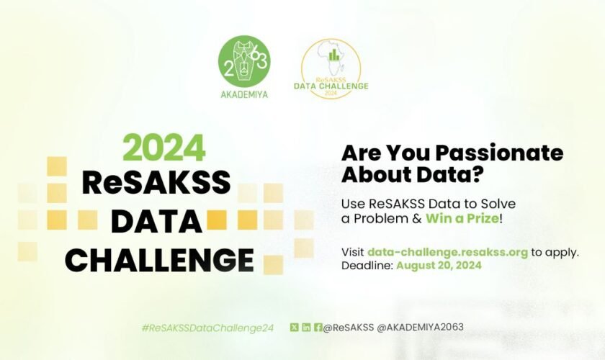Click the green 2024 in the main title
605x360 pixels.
click(163, 148)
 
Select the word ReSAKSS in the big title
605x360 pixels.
click(156, 183)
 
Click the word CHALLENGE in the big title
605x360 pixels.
click(159, 259)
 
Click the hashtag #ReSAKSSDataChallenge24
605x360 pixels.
click(208, 328)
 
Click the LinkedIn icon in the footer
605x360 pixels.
click(306, 327)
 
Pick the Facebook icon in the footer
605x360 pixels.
click(318, 327)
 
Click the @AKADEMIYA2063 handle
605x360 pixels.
click(421, 327)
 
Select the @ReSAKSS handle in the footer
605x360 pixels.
click(349, 327)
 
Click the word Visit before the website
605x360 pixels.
click(353, 252)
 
